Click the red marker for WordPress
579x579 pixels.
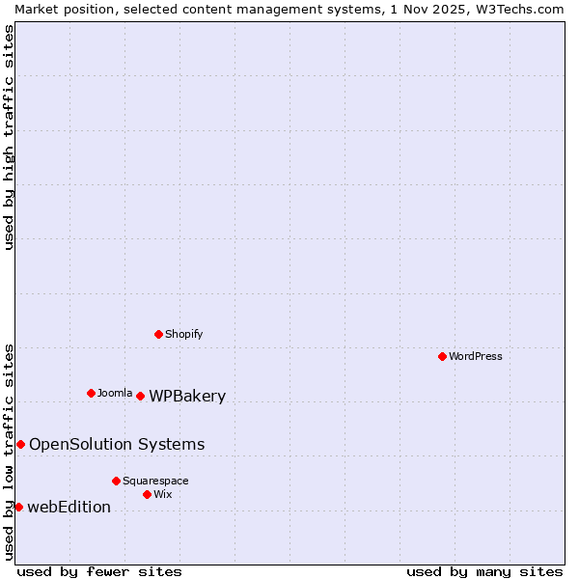pos(442,356)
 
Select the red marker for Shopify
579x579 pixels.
pos(158,334)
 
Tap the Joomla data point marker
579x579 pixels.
pos(91,393)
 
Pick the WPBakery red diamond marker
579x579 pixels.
pos(140,396)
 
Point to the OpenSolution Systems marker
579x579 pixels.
pos(20,444)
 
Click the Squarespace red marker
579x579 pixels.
pos(116,481)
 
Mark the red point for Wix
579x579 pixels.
pos(147,494)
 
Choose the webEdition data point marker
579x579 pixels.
pos(18,507)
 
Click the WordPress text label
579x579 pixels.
pos(476,356)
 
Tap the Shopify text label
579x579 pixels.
pos(183,334)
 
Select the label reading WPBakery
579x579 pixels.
pos(187,396)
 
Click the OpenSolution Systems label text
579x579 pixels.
pos(117,444)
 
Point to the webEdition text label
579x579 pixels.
pos(69,507)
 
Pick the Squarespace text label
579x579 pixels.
pos(155,481)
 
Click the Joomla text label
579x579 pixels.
pos(115,393)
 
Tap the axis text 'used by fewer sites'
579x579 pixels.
pos(99,571)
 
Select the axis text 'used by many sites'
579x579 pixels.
pos(484,571)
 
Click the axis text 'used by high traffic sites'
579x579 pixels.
pos(9,137)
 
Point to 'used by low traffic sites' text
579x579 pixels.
pos(9,451)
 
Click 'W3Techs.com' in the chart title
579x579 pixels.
pos(515,9)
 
